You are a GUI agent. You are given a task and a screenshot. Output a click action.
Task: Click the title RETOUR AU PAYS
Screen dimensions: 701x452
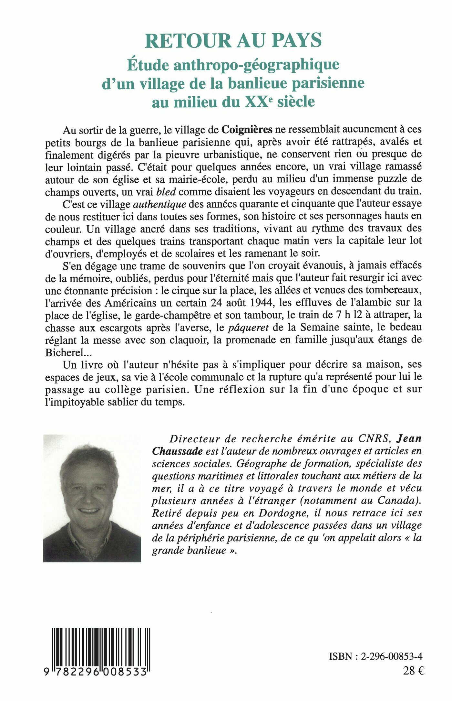(x=233, y=41)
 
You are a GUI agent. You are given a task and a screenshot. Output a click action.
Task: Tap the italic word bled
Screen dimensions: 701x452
(x=166, y=191)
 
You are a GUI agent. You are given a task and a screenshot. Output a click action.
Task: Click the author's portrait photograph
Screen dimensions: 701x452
(x=92, y=498)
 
